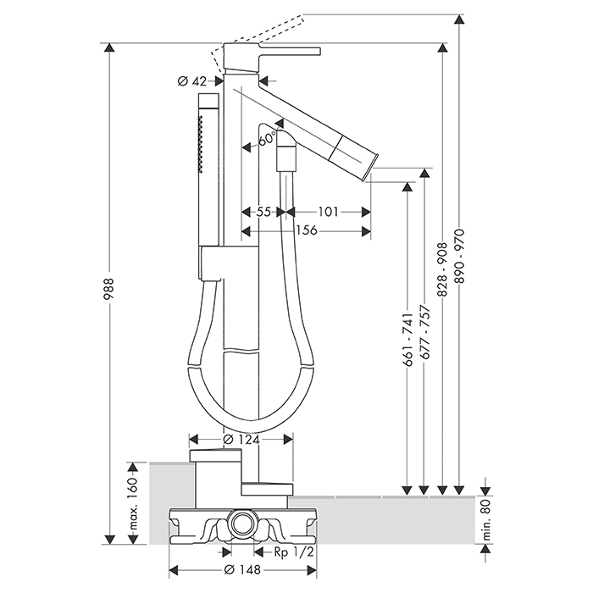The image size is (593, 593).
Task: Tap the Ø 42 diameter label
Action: point(193,81)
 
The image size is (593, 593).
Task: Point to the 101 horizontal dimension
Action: point(330,212)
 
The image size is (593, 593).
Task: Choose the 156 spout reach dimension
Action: point(306,230)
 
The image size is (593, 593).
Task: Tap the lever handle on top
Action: point(280,50)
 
